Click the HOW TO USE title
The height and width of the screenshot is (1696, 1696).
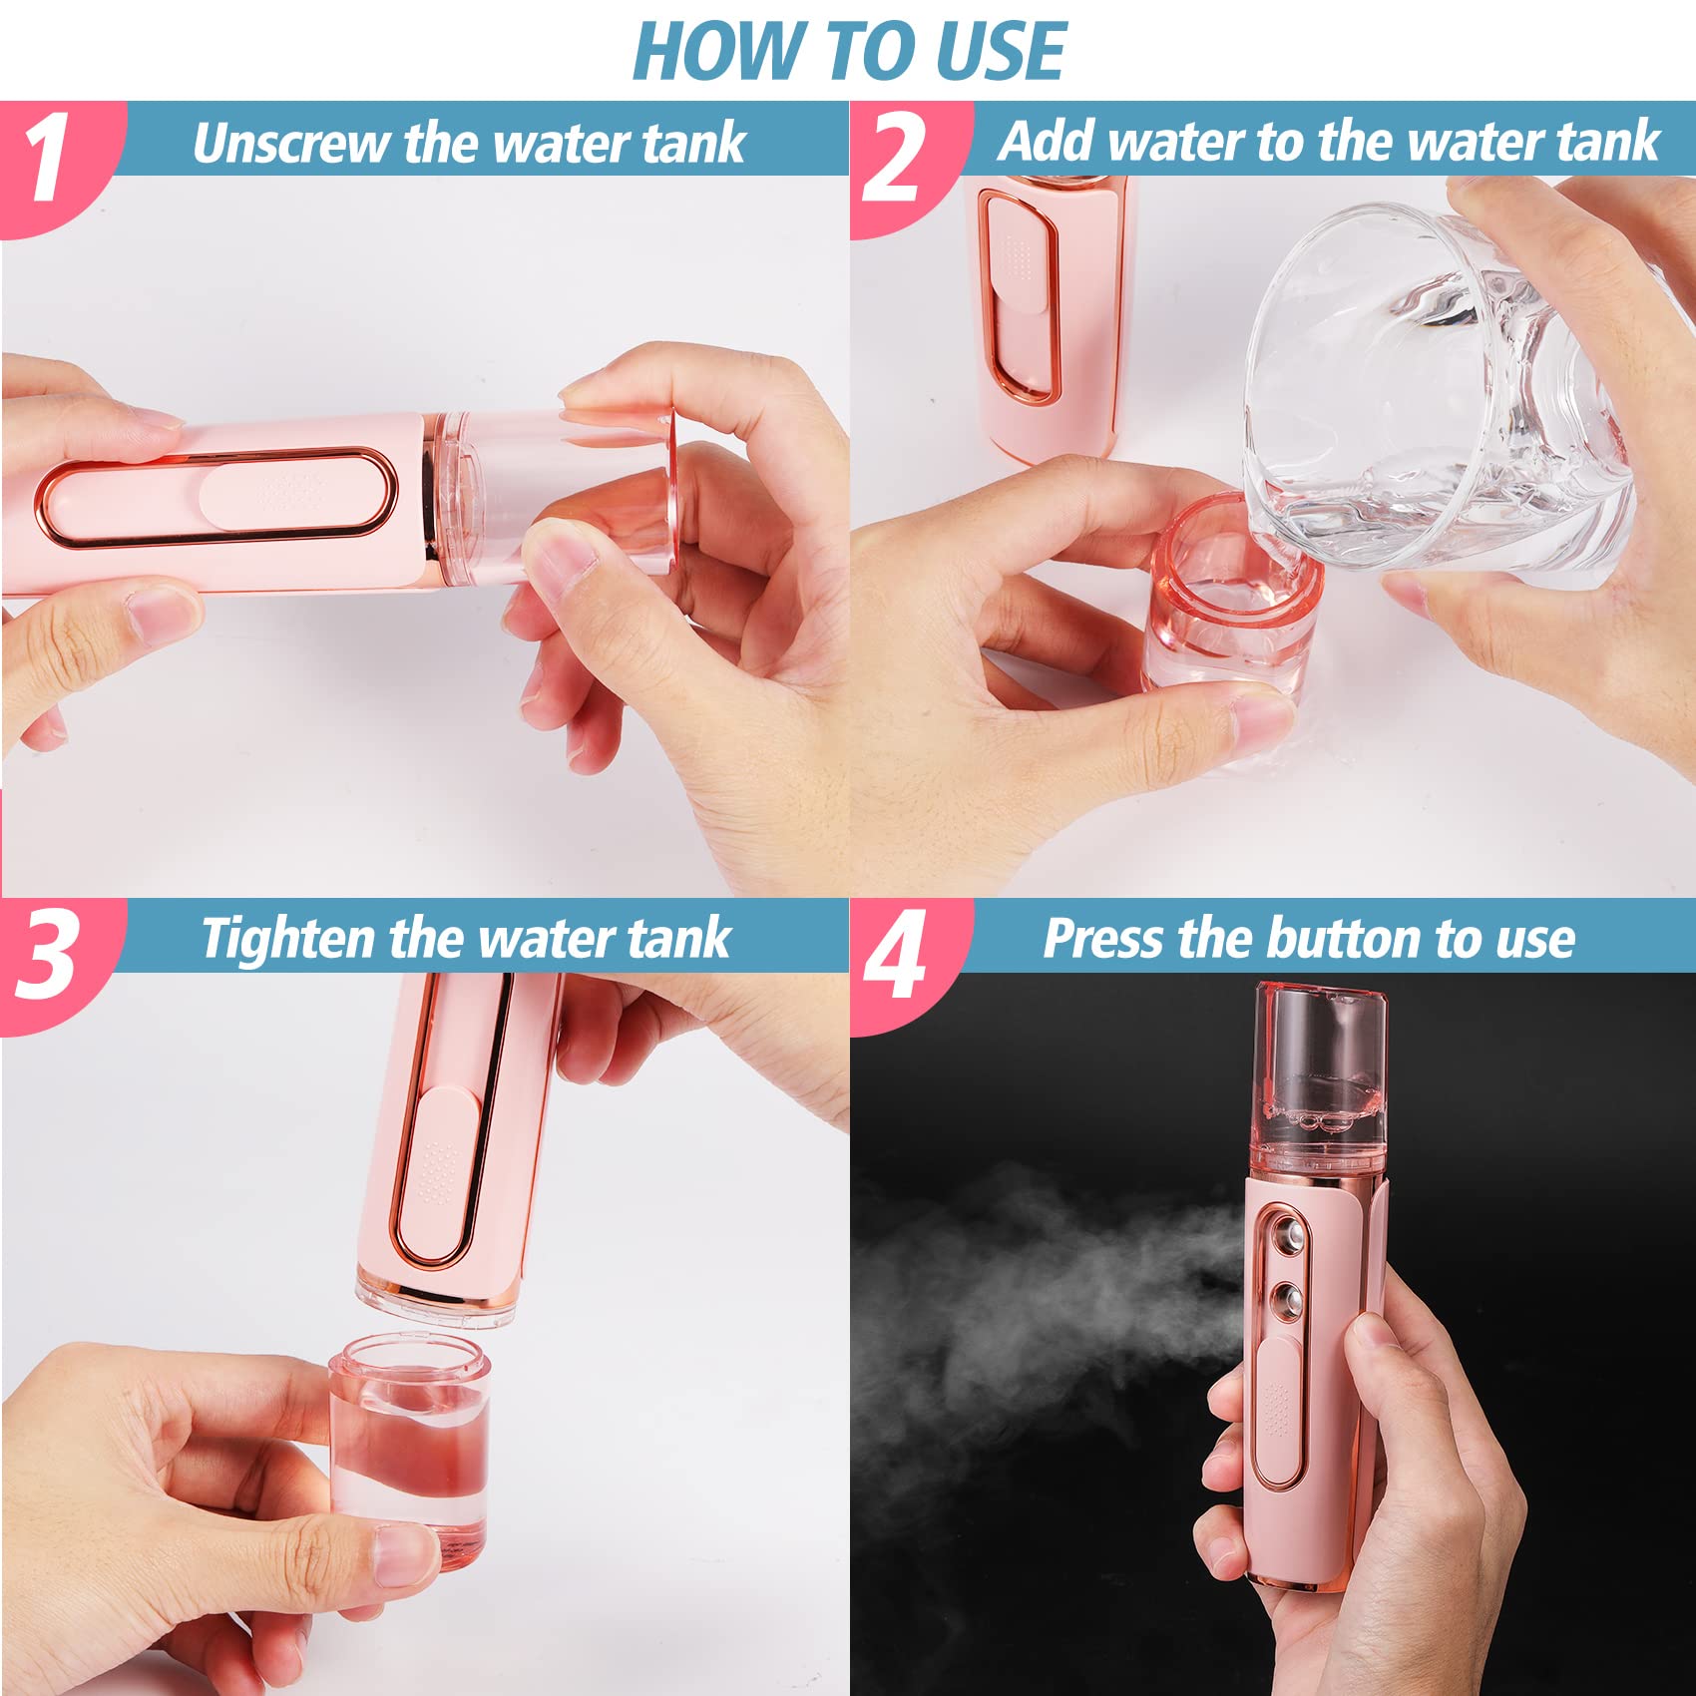tap(849, 52)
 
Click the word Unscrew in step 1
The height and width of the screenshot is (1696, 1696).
tap(291, 144)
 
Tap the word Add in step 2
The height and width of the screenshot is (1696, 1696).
tap(1048, 142)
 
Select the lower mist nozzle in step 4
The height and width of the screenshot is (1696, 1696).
tap(1288, 1299)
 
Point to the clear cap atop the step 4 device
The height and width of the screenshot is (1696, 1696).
tap(1319, 1072)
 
